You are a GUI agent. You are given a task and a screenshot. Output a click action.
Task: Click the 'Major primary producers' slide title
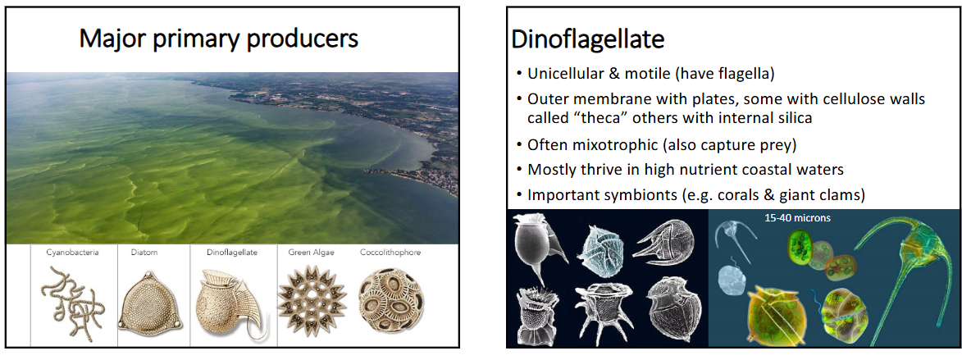[x=219, y=38]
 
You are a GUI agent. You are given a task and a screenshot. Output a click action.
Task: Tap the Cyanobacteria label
[x=72, y=253]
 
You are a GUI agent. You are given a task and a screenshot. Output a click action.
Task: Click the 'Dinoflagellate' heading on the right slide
[x=588, y=39]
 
